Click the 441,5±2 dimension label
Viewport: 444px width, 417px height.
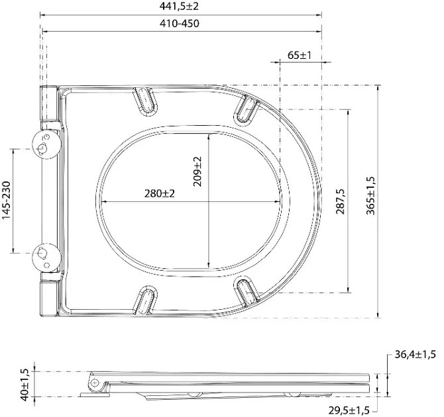[179, 6]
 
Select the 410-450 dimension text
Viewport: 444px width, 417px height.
[179, 23]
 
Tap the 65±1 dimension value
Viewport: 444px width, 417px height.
[300, 55]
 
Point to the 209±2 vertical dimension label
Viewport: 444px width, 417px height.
[197, 171]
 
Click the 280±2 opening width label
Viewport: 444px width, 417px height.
[160, 193]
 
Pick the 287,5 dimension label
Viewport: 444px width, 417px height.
[341, 201]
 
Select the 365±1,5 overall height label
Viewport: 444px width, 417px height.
[370, 195]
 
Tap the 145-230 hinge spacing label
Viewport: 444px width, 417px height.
[6, 201]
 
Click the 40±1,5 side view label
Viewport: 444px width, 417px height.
[25, 385]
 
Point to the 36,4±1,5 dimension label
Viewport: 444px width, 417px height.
[416, 355]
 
